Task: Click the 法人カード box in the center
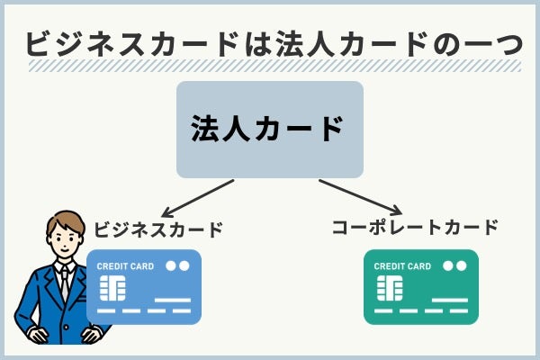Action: coord(270,129)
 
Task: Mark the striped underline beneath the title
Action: coord(270,67)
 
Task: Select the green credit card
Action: coord(420,287)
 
